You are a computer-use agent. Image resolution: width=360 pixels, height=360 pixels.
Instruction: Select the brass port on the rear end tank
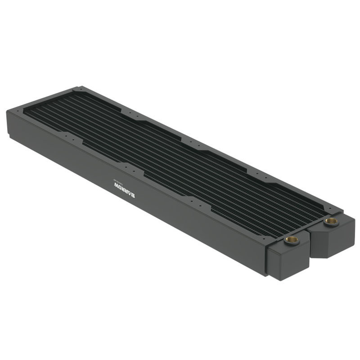tap(332, 221)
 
